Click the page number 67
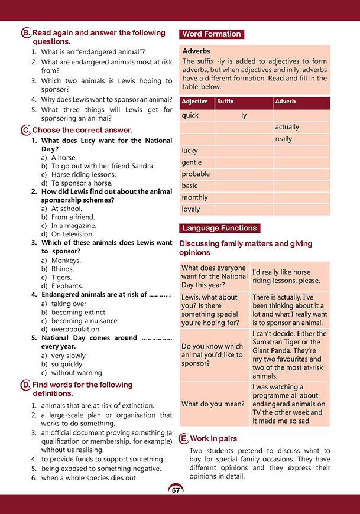point(176,490)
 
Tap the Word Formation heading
point(211,34)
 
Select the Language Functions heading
point(219,228)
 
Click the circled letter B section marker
point(25,34)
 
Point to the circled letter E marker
point(184,438)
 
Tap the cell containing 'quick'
point(190,115)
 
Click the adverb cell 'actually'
point(287,127)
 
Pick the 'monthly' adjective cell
point(194,197)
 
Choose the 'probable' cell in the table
point(196,174)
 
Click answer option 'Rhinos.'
point(64,269)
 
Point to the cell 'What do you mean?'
point(213,404)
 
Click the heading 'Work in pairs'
point(213,438)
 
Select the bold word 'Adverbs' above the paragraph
point(196,51)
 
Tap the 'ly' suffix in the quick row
point(244,115)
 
